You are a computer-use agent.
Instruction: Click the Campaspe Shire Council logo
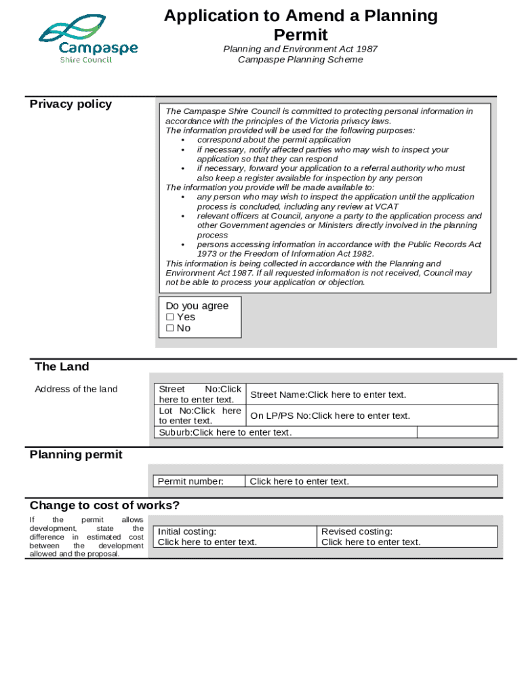(88, 39)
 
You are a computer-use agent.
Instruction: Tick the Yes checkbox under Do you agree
(170, 317)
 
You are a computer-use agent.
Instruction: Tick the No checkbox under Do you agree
(170, 328)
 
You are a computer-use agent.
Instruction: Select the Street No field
(200, 394)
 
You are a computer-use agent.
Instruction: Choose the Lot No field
(200, 415)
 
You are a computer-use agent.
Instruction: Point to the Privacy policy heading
(71, 104)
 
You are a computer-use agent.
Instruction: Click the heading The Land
(62, 367)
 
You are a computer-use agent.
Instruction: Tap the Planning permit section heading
(76, 455)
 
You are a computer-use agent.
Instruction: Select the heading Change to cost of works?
(104, 506)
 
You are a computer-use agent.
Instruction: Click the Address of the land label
(76, 389)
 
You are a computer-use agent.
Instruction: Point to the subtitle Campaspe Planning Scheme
(300, 60)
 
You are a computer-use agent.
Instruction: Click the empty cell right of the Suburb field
(457, 432)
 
